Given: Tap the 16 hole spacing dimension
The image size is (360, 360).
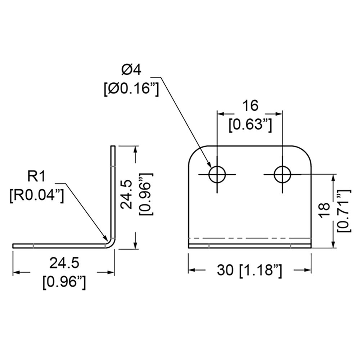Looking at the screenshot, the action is [x=251, y=106].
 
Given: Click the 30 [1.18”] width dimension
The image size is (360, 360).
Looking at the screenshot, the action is [x=249, y=270].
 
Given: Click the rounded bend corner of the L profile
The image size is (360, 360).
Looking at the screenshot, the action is [x=113, y=244].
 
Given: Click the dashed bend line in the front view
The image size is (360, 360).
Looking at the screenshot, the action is [x=249, y=238].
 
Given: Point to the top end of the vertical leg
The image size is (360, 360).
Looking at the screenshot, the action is [x=113, y=146].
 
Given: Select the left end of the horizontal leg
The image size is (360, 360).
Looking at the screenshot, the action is [x=13, y=246].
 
